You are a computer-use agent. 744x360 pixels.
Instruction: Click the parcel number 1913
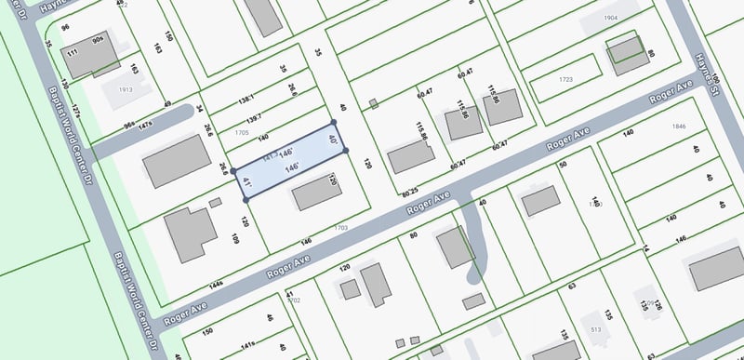(x=126, y=90)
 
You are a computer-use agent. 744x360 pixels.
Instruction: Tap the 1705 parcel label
(x=242, y=133)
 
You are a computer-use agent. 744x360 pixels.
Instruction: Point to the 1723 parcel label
(x=565, y=80)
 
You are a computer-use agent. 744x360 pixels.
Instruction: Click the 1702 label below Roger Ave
(x=294, y=300)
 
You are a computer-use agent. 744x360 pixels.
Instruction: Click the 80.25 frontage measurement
(x=410, y=193)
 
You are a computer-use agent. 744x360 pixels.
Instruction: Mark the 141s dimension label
(x=248, y=344)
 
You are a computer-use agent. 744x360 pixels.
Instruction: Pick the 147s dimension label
(x=145, y=124)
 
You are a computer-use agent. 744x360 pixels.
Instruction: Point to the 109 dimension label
(x=235, y=240)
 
